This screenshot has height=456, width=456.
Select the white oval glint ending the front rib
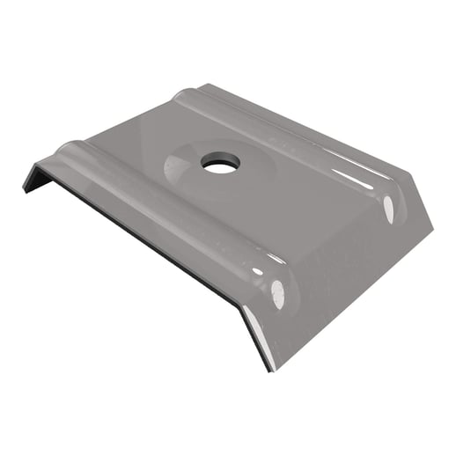(x=278, y=294)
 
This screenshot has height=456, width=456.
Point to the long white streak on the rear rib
(x=352, y=176)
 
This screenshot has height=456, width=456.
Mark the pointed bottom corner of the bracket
(x=269, y=369)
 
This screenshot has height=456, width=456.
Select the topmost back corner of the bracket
(x=204, y=85)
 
